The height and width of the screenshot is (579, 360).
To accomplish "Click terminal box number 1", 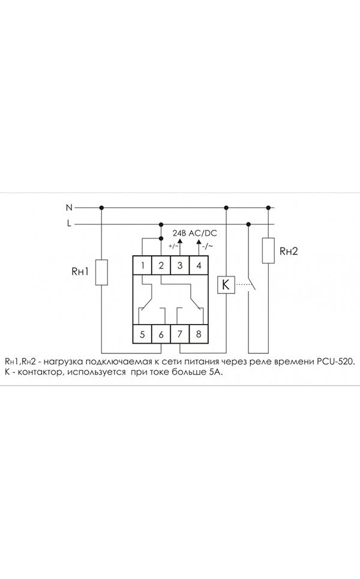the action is coord(142,265).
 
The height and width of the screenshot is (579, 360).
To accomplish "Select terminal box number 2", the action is coord(161,265).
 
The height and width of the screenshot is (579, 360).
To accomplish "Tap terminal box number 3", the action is coord(180,265).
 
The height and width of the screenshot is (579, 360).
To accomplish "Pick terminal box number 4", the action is coord(199,265).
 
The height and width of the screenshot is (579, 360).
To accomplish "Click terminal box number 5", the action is coord(142,334).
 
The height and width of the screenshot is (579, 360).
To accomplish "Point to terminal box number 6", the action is coord(161,334).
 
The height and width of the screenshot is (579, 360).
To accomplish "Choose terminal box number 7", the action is coord(180,334).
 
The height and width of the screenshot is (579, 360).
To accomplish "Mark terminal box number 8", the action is coord(199,334).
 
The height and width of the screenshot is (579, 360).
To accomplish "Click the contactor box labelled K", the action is coord(226,284).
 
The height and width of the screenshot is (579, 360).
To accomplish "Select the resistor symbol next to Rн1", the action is coord(101,272).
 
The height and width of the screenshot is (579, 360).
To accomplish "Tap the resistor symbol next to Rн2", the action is coord(268,251).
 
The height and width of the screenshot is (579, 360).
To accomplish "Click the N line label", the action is coord(69,208).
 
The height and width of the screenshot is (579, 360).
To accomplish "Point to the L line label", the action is coord(69,223).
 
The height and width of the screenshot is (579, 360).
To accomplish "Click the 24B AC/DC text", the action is coord(194,233).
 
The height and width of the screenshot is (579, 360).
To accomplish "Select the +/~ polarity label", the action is coord(173,246).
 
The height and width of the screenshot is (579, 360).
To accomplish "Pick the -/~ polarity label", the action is coord(208,246).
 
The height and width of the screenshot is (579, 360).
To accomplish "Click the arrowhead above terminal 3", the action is coord(180,241).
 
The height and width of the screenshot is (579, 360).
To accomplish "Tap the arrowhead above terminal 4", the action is coord(199,241).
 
